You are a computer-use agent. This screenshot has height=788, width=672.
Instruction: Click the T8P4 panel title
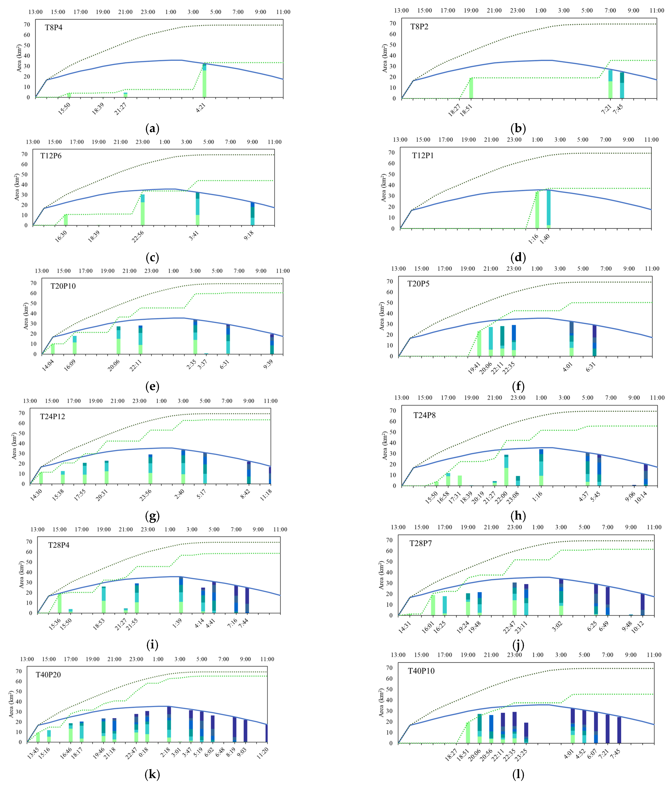coord(54,27)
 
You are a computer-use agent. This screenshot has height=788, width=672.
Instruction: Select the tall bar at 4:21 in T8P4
coord(204,81)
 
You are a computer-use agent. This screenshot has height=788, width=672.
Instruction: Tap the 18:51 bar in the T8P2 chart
coord(471,88)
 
